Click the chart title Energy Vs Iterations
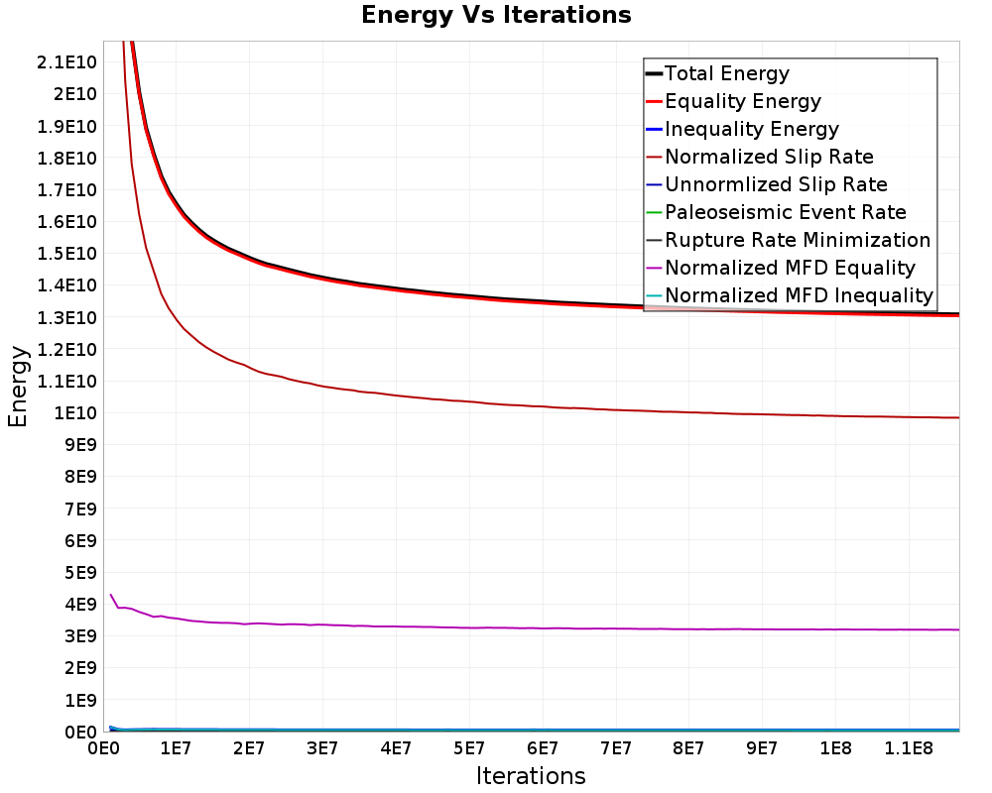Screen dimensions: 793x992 [x=496, y=16]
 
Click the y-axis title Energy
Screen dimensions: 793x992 [x=18, y=387]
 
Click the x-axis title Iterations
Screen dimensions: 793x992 [x=531, y=775]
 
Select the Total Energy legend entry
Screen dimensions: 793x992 [x=726, y=73]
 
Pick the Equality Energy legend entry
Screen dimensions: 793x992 [x=742, y=101]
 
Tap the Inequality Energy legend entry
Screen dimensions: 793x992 [x=751, y=129]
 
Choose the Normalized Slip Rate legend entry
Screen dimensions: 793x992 [x=769, y=157]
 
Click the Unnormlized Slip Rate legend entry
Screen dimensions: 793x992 [x=776, y=184]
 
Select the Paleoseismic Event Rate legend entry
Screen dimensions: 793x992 [x=785, y=212]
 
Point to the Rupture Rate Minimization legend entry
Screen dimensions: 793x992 [x=797, y=240]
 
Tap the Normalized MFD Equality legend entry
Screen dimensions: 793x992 [x=790, y=268]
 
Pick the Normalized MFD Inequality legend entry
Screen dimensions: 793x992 [x=799, y=295]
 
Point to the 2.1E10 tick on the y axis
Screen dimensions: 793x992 [x=65, y=62]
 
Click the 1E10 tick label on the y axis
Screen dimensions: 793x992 [x=73, y=413]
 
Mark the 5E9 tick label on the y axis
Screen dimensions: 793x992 [x=79, y=573]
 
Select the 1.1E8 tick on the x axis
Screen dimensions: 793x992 [x=909, y=746]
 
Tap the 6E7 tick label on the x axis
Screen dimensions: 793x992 [x=543, y=746]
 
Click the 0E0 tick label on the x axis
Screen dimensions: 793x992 [x=104, y=746]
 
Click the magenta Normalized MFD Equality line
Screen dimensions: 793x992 [x=496, y=627]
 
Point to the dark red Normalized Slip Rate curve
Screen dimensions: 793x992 [x=496, y=402]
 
